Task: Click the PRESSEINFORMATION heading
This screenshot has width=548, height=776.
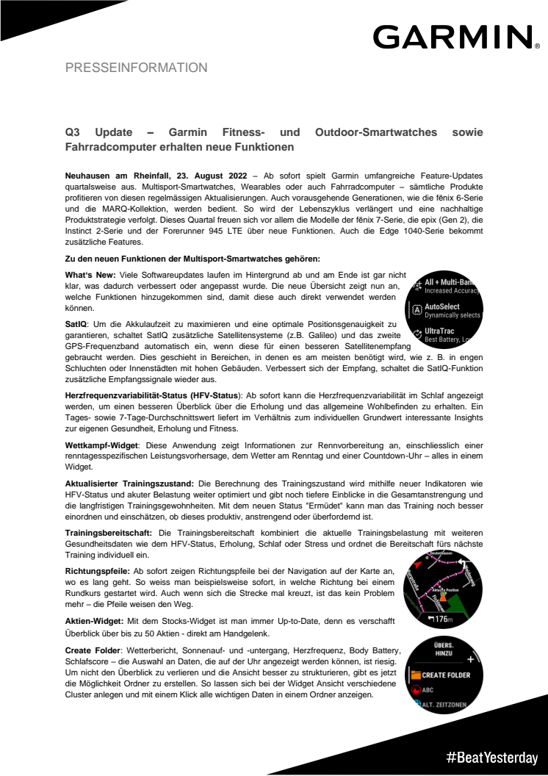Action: pyautogui.click(x=137, y=68)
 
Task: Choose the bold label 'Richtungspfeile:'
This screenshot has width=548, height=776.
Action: pyautogui.click(x=97, y=570)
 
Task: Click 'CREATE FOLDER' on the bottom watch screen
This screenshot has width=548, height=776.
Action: pyautogui.click(x=446, y=675)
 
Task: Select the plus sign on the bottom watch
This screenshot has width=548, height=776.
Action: pyautogui.click(x=471, y=659)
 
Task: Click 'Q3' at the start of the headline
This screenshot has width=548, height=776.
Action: pyautogui.click(x=72, y=132)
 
